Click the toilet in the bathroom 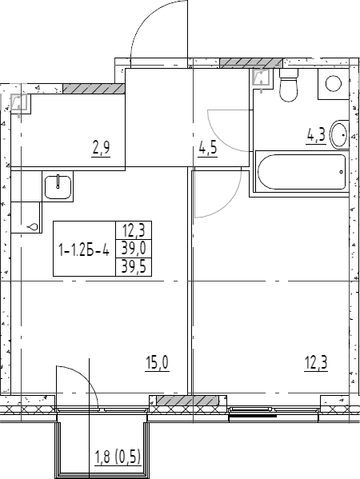(289, 85)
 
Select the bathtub (302, 172)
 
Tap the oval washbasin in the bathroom (340, 134)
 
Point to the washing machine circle (334, 83)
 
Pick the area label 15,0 (157, 363)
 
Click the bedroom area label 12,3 (316, 363)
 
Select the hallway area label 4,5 (208, 149)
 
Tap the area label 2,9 (101, 149)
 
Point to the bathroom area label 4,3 (316, 135)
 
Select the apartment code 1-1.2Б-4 (84, 251)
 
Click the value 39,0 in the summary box (134, 249)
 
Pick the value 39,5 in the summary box (134, 267)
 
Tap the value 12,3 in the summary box (134, 230)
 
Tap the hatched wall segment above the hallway (251, 63)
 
